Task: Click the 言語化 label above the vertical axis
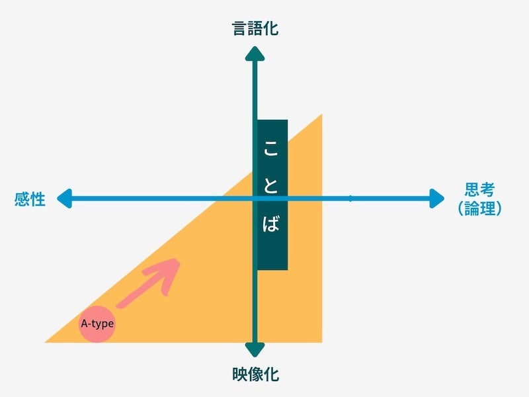(255, 29)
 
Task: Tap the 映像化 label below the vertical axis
(255, 375)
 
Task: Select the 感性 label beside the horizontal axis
(30, 198)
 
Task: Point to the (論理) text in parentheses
(479, 208)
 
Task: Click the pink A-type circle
(97, 324)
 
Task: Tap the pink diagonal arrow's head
(171, 267)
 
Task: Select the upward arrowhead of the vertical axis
(255, 52)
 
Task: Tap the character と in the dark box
(272, 187)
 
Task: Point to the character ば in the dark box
(272, 224)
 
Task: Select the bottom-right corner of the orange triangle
(321, 341)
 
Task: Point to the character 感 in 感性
(22, 198)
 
